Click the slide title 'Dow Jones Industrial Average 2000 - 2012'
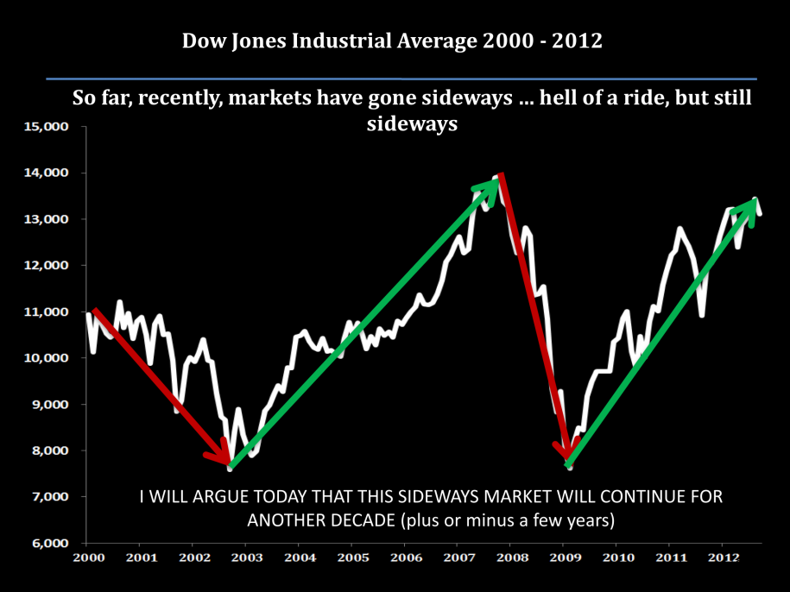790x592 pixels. pyautogui.click(x=392, y=41)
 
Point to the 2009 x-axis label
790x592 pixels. pyautogui.click(x=563, y=558)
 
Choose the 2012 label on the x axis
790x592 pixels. pyautogui.click(x=722, y=558)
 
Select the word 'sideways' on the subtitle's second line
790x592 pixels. pyautogui.click(x=408, y=123)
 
